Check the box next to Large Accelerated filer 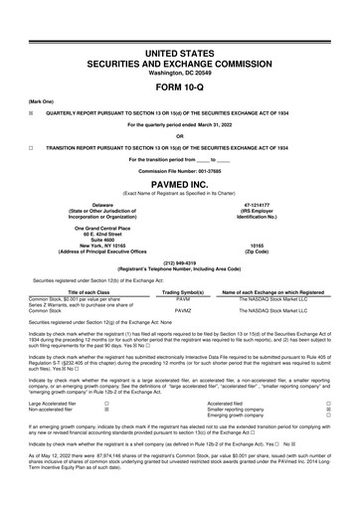click(106, 403)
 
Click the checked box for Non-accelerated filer click(106, 409)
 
